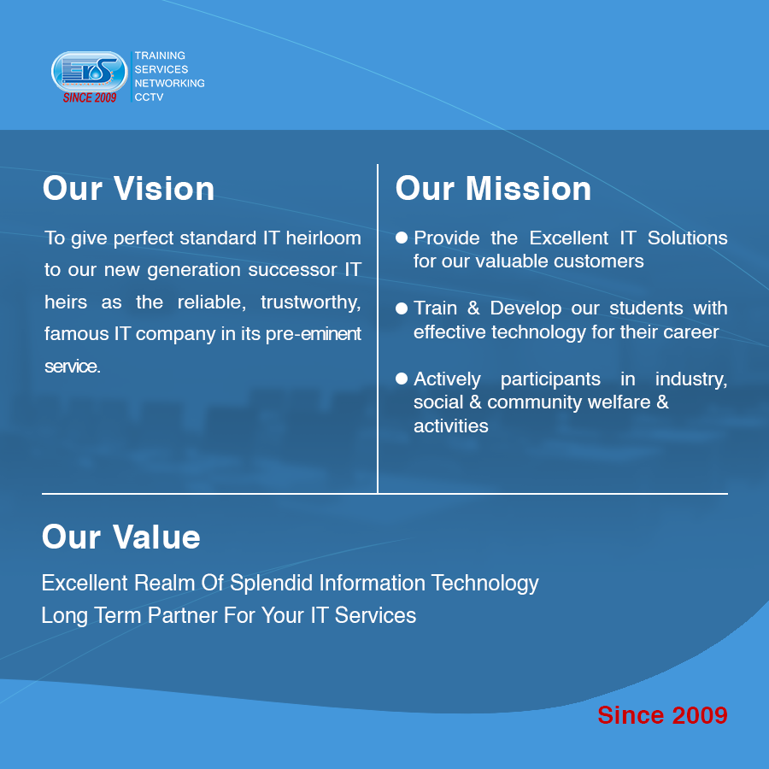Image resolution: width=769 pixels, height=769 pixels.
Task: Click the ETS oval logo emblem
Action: point(89,72)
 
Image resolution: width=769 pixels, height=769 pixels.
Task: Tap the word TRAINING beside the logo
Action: point(160,56)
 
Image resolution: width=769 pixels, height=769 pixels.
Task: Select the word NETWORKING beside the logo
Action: point(169,84)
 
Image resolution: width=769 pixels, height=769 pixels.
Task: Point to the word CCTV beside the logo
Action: point(149,97)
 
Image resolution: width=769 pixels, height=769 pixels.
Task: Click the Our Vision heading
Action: point(128,189)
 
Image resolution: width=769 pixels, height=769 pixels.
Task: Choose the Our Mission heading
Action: point(493,189)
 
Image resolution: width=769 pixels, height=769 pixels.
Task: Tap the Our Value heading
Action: point(120,537)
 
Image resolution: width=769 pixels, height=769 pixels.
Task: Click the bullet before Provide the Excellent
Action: point(402,238)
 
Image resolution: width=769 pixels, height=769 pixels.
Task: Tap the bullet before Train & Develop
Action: point(402,308)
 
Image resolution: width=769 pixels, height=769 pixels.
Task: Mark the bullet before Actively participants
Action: point(402,378)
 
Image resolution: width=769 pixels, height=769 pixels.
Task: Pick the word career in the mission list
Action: point(690,332)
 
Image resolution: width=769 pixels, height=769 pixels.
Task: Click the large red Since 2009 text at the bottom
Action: point(662,715)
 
